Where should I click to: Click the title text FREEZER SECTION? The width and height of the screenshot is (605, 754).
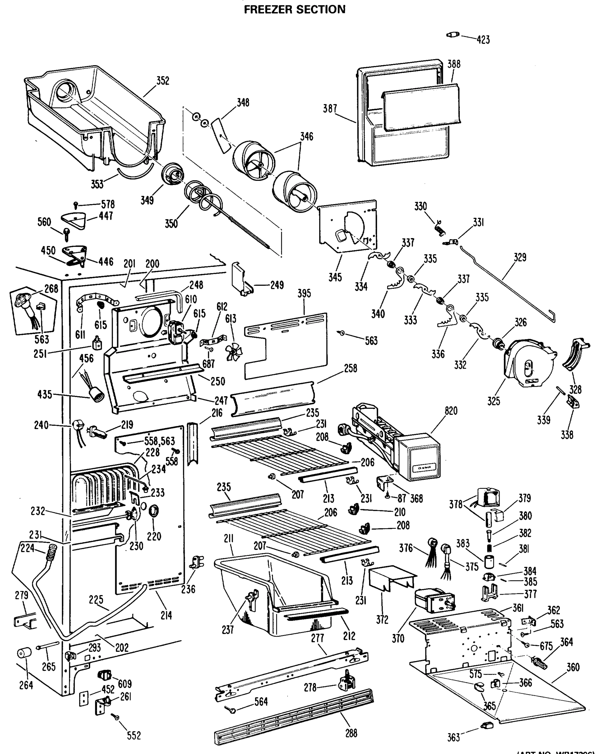[x=294, y=9]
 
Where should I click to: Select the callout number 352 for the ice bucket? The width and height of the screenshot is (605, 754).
[x=163, y=81]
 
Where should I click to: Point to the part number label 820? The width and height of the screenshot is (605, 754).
[x=451, y=411]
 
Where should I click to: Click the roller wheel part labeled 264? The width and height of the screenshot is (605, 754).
[x=24, y=653]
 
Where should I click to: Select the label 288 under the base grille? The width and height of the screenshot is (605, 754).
[x=351, y=733]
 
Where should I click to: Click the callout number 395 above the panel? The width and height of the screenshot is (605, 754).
[x=304, y=293]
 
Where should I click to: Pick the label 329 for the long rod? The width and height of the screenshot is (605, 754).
[x=520, y=257]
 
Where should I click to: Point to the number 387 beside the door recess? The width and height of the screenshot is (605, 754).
[x=330, y=109]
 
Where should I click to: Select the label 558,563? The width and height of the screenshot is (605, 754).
[x=160, y=441]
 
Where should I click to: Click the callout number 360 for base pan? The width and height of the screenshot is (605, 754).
[x=573, y=667]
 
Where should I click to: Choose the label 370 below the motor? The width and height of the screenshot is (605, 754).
[x=398, y=639]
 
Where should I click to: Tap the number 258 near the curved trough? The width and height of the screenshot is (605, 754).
[x=351, y=368]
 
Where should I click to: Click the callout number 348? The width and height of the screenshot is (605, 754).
[x=243, y=102]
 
